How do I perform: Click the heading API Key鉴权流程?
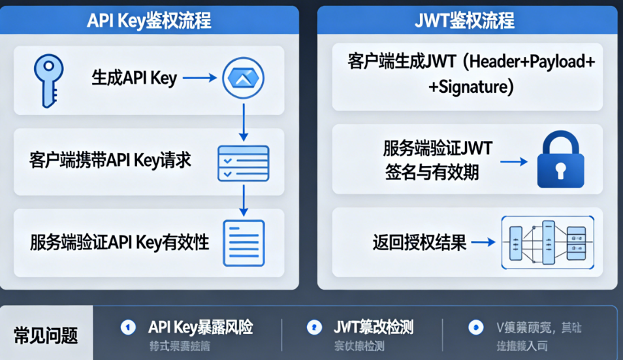(x=149, y=20)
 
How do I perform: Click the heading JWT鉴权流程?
(x=465, y=20)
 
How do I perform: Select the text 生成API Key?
(x=135, y=78)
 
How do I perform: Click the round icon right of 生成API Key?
(x=244, y=78)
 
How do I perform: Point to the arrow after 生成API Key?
(x=199, y=78)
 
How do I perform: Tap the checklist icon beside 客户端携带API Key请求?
(x=243, y=163)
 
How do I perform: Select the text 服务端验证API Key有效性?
(x=120, y=242)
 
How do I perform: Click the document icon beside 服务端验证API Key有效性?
(x=244, y=243)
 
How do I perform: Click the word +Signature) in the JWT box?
(x=471, y=86)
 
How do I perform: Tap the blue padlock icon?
(x=560, y=160)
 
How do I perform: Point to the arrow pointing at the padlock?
(x=515, y=160)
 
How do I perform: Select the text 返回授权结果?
(x=420, y=243)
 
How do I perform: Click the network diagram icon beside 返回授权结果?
(x=547, y=242)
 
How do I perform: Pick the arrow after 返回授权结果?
(x=483, y=243)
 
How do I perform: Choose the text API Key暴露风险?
(x=200, y=327)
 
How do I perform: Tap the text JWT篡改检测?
(x=373, y=327)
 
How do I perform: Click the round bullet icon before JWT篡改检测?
(x=315, y=327)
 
